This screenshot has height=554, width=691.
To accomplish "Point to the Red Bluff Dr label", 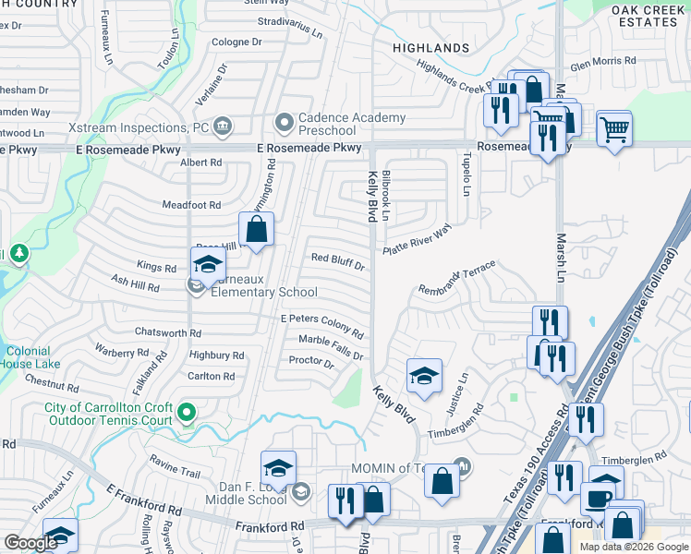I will (x=338, y=261).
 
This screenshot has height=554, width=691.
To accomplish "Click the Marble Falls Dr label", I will (x=331, y=347).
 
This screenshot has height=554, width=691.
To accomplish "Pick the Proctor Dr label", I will (x=310, y=362).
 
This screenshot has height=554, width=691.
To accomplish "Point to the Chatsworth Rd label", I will (x=167, y=332).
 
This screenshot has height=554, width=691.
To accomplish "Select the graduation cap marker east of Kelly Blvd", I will (x=424, y=375).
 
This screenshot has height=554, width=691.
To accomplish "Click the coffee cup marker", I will (x=598, y=500).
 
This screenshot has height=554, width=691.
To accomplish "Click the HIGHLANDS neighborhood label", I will (x=430, y=47).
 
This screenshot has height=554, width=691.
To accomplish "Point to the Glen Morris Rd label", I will (x=603, y=61).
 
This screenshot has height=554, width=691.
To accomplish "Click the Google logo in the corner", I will (x=31, y=543).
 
